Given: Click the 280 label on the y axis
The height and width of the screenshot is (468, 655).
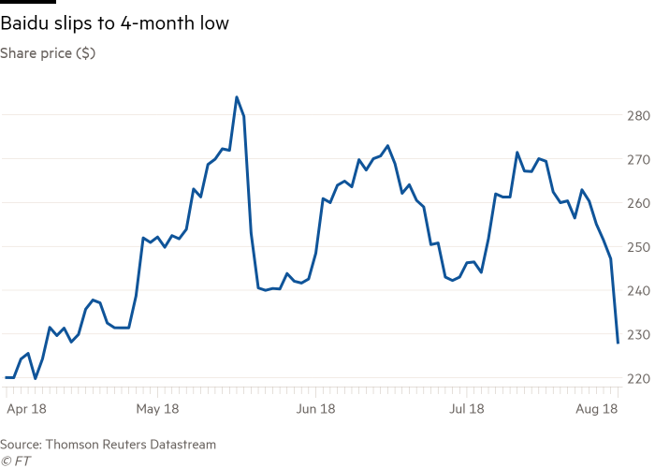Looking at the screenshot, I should point(637,116).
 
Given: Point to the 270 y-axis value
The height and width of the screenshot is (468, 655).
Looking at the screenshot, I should point(637,159).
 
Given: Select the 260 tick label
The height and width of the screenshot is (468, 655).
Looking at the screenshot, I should point(637,203).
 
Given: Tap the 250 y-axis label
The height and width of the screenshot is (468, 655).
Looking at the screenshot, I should point(637,247).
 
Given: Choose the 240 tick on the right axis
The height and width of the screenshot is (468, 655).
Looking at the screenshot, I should point(637,290).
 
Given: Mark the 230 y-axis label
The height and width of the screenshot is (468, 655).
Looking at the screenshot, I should point(637,334).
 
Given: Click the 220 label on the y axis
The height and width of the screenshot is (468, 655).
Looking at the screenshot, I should point(637,377).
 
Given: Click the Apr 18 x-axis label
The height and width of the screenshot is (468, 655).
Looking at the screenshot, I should point(25,409).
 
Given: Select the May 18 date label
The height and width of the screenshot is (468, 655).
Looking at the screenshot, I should point(157,409).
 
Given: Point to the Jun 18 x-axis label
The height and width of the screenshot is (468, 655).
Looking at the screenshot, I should point(315,409).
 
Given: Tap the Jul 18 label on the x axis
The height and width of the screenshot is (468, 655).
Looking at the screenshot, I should point(466,409).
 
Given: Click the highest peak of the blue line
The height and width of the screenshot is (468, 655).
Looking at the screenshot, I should point(236,96).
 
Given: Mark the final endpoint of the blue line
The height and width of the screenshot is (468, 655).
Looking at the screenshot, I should point(618,344).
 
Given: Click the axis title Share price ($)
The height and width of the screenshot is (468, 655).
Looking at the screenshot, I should point(47,53).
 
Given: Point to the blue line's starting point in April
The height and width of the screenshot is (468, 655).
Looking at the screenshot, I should point(6,377).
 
